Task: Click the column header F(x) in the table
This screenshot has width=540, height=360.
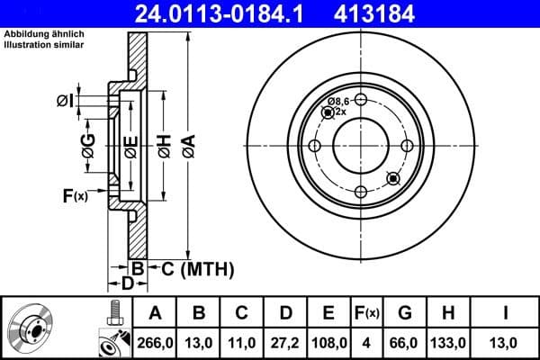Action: click(368, 313)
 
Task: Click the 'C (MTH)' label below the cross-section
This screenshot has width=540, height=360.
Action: click(197, 268)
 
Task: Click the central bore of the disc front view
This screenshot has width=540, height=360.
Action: click(359, 145)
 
